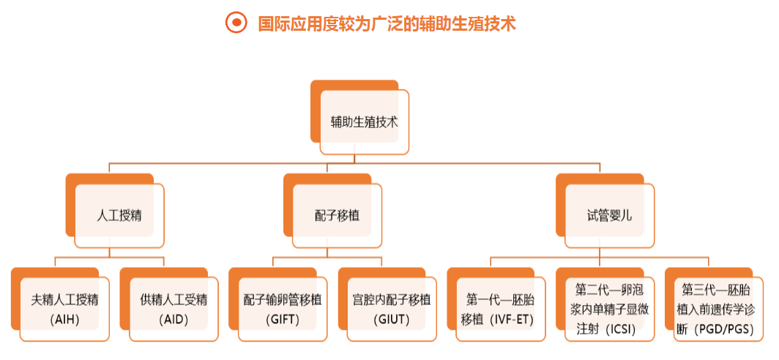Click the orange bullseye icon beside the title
point(236,23)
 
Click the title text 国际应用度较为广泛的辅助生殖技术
point(388,23)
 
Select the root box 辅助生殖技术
point(364,122)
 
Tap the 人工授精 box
point(119,216)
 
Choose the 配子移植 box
point(337,216)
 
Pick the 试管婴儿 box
point(609,216)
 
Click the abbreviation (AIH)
point(64,320)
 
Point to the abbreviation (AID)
point(174,320)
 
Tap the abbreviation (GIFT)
point(283,320)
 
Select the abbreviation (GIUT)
point(392,320)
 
